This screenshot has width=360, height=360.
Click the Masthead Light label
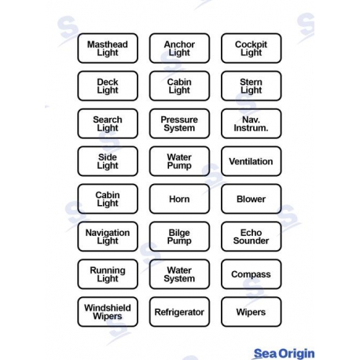pyautogui.click(x=108, y=48)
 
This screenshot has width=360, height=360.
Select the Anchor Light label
pyautogui.click(x=179, y=48)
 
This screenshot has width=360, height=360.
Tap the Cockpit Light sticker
pyautogui.click(x=252, y=48)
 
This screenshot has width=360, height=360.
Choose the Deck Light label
pyautogui.click(x=108, y=86)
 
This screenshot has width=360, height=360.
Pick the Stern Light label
pyautogui.click(x=252, y=86)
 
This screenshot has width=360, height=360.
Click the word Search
pyautogui.click(x=108, y=119)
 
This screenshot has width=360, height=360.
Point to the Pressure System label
pyautogui.click(x=179, y=123)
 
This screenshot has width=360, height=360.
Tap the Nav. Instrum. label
pyautogui.click(x=252, y=123)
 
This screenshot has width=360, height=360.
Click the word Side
pyautogui.click(x=108, y=157)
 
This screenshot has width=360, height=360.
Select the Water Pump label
pyautogui.click(x=179, y=161)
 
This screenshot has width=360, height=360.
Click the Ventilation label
pyautogui.click(x=252, y=161)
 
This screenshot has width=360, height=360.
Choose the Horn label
pyautogui.click(x=179, y=199)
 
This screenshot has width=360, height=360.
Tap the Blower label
pyautogui.click(x=252, y=199)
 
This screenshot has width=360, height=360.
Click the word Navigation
pyautogui.click(x=108, y=233)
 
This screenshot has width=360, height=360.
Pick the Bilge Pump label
pyautogui.click(x=179, y=237)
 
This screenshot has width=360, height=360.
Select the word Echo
pyautogui.click(x=252, y=233)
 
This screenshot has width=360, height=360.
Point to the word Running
pyautogui.click(x=108, y=270)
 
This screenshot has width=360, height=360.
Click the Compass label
pyautogui.click(x=252, y=274)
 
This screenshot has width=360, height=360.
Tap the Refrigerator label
pyautogui.click(x=179, y=312)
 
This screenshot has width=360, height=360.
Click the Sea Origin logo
pyautogui.click(x=284, y=354)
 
